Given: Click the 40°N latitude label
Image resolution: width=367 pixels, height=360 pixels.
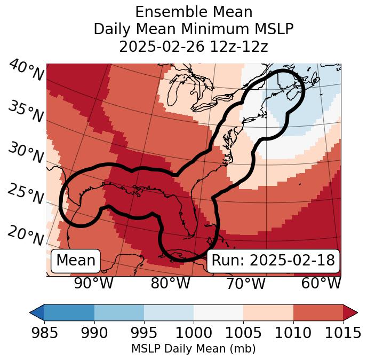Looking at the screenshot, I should click(26, 71).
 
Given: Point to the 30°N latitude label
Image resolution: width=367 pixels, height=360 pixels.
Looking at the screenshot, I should click(26, 153).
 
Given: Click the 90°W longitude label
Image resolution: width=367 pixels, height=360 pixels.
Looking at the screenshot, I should click(94, 283).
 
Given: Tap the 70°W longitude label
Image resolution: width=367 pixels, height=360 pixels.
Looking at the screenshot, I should click(246, 283).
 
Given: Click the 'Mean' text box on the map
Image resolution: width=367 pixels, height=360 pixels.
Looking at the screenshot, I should click(76, 261).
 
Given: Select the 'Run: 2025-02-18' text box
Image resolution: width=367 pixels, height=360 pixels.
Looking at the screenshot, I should click(273, 261).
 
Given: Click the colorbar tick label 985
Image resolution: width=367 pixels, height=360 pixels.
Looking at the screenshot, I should click(44, 333).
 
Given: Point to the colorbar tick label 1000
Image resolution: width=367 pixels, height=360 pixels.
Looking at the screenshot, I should click(194, 333).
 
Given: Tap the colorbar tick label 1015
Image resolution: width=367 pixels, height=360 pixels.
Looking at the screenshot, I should click(342, 333).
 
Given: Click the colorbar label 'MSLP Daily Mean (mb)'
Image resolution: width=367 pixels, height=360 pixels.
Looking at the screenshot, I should click(193, 349).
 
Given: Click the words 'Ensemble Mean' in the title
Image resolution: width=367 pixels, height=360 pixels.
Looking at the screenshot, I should click(194, 12).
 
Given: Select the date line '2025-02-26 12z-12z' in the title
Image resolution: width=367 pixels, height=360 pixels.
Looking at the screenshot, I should click(194, 46).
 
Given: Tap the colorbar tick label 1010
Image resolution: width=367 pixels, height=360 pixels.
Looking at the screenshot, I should click(293, 333).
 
